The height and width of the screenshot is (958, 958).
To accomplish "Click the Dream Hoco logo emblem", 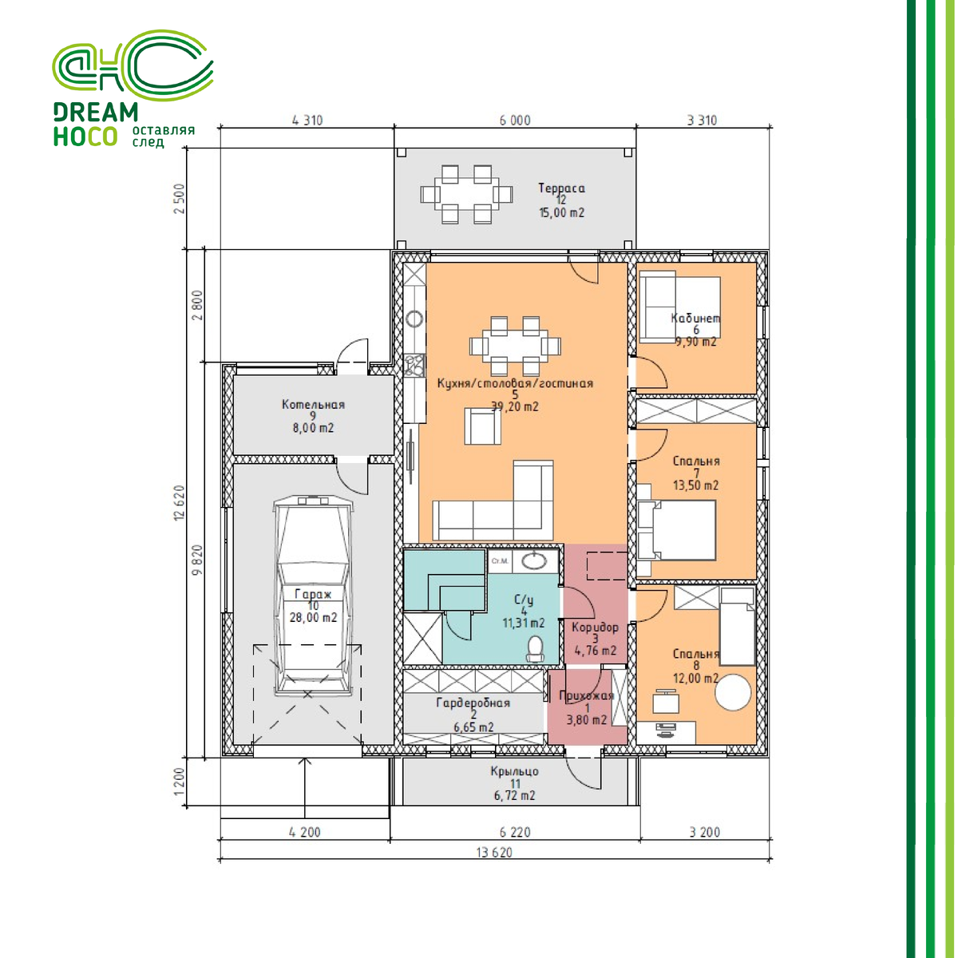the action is [133, 65].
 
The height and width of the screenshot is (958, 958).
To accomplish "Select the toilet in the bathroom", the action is [534, 649].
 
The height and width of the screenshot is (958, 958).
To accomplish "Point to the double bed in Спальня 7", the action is [676, 531].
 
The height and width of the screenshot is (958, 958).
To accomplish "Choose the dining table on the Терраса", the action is [466, 194].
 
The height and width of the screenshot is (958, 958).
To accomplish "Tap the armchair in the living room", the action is [482, 426].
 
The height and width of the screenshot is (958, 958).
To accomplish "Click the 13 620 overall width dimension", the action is [494, 853].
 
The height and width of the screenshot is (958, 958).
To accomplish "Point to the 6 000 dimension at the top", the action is [515, 121].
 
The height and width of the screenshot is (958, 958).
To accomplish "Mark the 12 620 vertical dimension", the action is [180, 503].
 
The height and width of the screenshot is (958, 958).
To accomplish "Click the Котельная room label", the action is [313, 405].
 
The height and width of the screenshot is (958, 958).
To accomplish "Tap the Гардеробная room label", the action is [473, 703].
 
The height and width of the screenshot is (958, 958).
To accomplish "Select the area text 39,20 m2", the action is [515, 406].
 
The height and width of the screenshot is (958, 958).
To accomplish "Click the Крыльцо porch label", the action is [515, 771].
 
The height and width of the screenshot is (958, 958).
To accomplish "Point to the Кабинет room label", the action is [695, 319].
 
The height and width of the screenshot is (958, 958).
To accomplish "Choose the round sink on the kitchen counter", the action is [414, 319].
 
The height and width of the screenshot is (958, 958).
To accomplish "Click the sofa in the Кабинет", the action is [657, 307].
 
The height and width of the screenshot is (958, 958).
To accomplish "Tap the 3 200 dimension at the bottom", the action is [705, 832].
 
